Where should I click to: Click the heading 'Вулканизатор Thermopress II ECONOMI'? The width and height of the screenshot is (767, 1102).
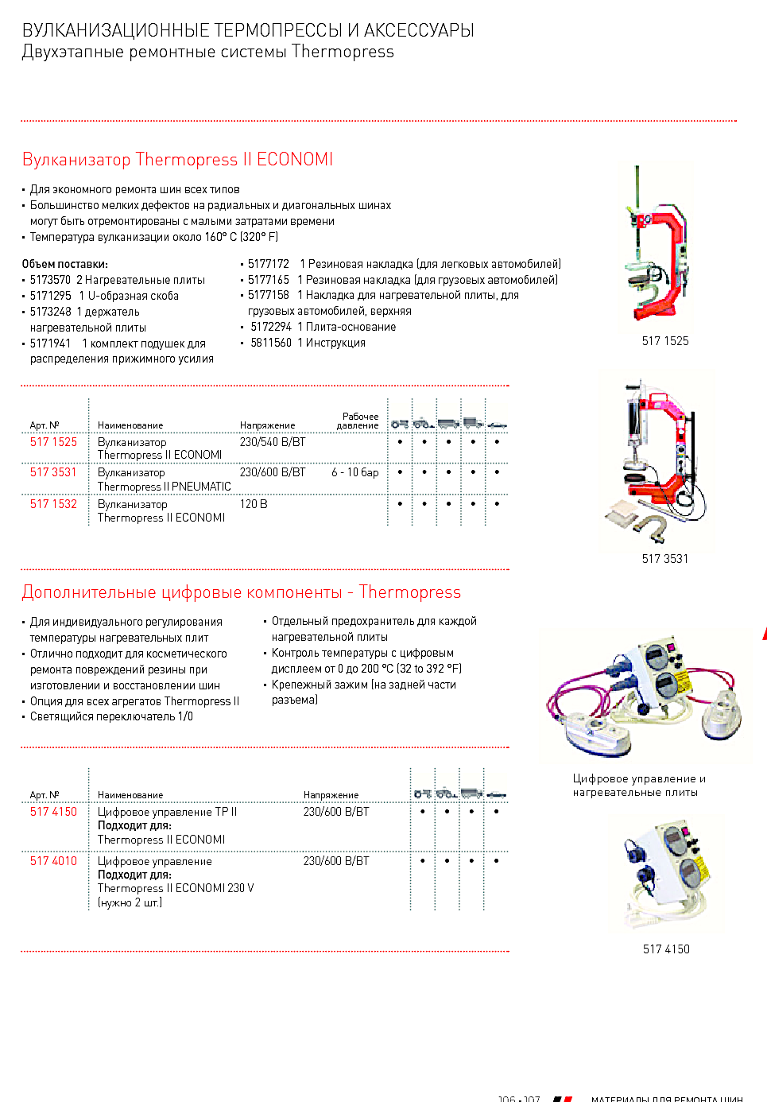[177, 159]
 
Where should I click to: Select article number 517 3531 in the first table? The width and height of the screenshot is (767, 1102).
[53, 472]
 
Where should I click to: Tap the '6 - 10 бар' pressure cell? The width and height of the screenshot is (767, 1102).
[354, 472]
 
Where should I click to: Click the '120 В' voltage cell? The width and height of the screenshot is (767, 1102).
[254, 504]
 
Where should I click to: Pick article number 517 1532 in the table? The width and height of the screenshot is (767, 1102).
[53, 504]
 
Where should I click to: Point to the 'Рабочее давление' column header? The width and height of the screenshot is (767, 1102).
[358, 421]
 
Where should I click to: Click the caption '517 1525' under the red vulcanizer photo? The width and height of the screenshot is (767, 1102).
[665, 341]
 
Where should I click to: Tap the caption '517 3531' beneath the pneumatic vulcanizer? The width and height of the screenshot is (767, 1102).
[665, 559]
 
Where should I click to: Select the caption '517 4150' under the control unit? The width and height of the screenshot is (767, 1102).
[666, 949]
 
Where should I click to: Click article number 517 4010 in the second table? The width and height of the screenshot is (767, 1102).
[53, 861]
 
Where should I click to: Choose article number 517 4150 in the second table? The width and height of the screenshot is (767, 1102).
[53, 812]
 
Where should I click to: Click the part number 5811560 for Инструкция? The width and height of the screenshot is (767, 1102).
[271, 343]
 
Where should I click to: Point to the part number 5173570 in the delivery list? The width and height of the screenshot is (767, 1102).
[50, 280]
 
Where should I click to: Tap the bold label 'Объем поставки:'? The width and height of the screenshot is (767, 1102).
[64, 264]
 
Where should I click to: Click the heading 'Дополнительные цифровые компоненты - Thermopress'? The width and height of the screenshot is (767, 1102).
[241, 592]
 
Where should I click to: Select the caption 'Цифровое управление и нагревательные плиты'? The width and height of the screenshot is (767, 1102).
[639, 786]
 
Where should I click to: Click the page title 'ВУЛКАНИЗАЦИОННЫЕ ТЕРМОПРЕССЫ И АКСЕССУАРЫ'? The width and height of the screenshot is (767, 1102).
[248, 30]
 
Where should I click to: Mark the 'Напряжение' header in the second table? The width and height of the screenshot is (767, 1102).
[331, 795]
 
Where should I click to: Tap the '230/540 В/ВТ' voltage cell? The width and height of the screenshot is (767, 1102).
[273, 442]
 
